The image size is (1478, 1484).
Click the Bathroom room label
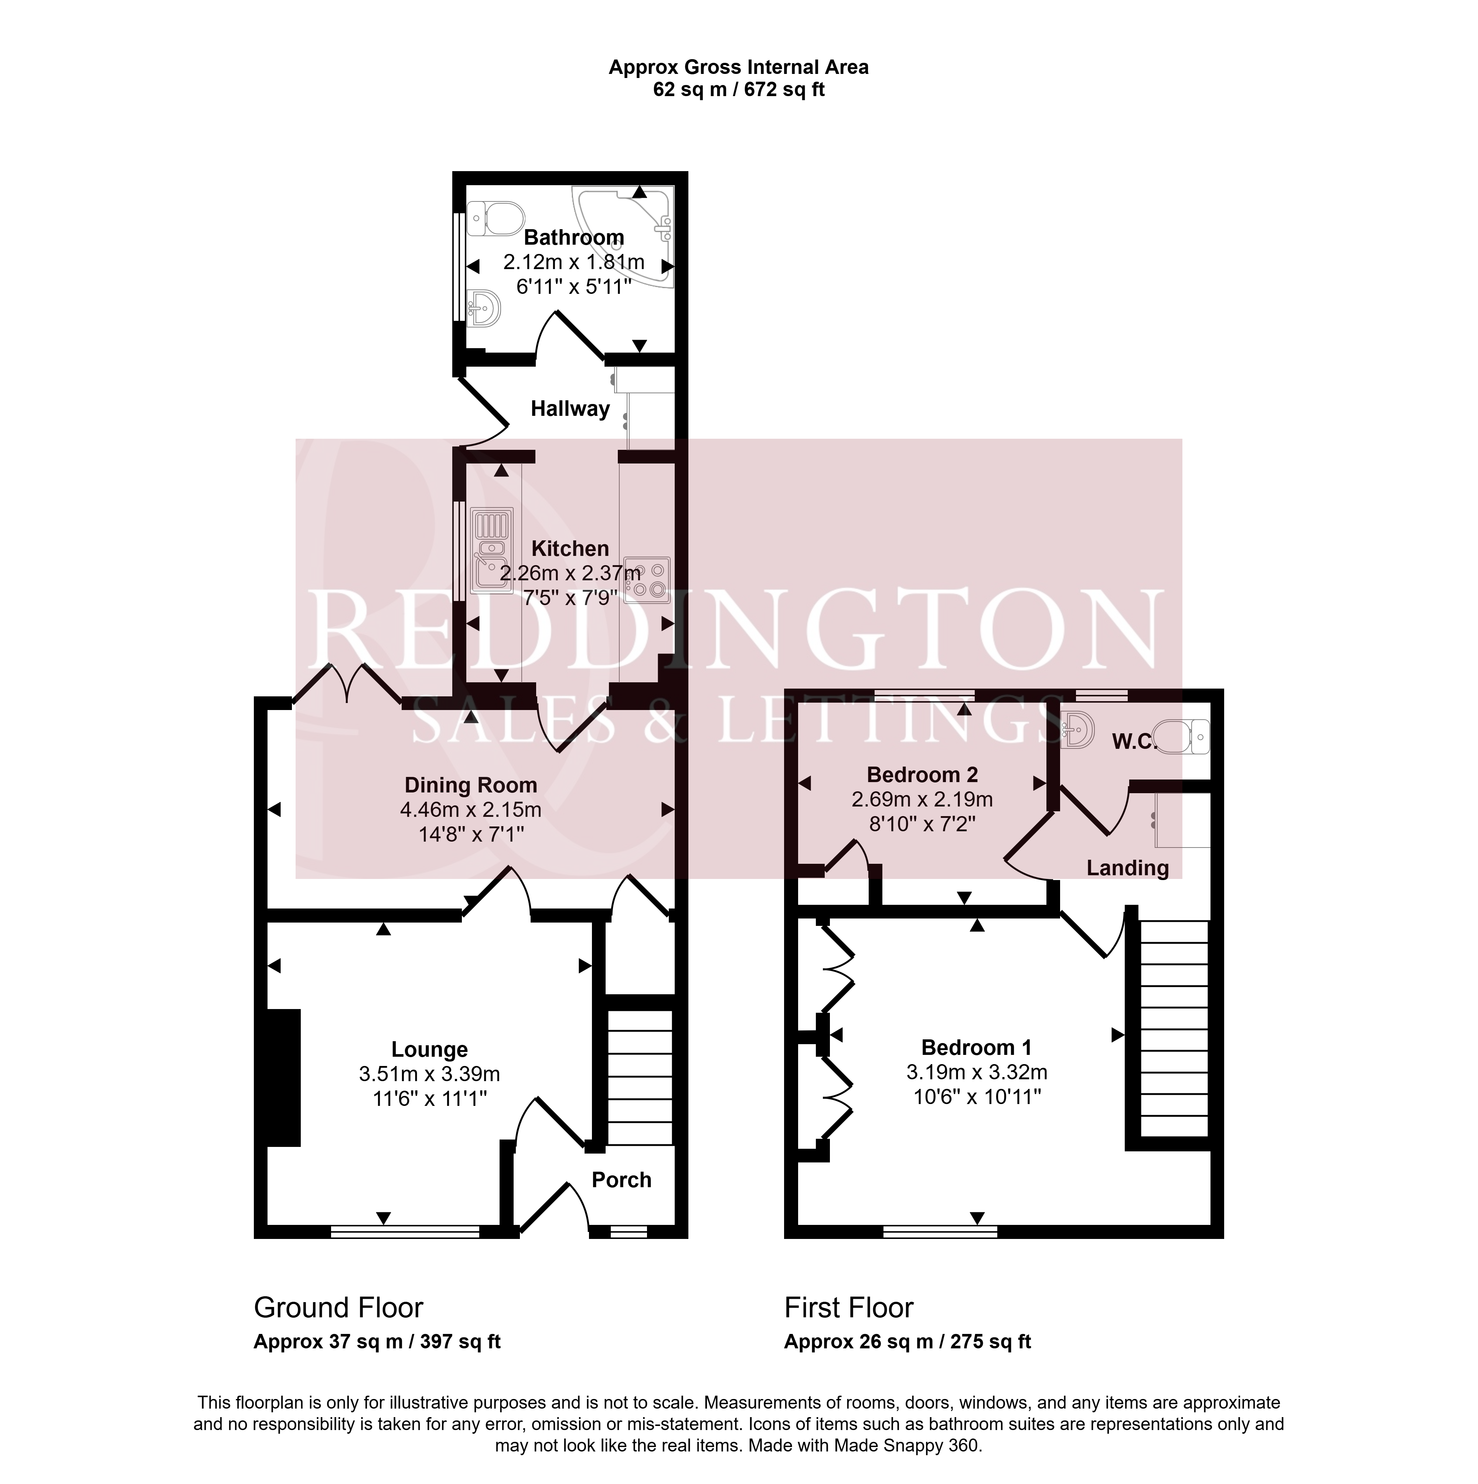click(573, 237)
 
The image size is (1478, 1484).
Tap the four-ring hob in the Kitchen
click(647, 579)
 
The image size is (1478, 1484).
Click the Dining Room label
click(471, 785)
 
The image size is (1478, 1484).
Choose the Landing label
click(1127, 868)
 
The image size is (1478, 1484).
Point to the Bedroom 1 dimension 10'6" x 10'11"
click(977, 1096)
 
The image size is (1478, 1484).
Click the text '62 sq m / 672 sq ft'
click(739, 90)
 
